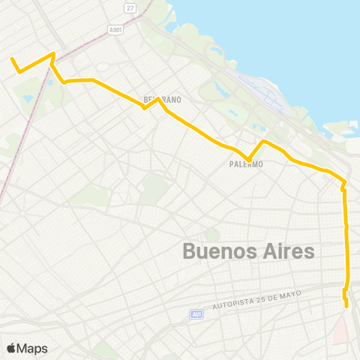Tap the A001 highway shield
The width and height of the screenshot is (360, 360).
click(115, 30)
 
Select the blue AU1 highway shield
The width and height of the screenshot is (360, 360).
click(196, 314)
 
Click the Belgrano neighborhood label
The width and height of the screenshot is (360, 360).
click(163, 99)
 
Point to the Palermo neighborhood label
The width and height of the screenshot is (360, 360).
click(246, 164)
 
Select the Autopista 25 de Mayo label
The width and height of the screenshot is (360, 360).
click(256, 301)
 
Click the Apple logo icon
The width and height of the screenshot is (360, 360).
click(11, 348)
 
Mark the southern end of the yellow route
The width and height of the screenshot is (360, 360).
click(346, 305)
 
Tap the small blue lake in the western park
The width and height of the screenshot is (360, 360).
click(28, 98)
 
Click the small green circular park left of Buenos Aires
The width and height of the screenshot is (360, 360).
click(213, 235)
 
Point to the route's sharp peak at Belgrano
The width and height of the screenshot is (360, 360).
click(158, 98)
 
